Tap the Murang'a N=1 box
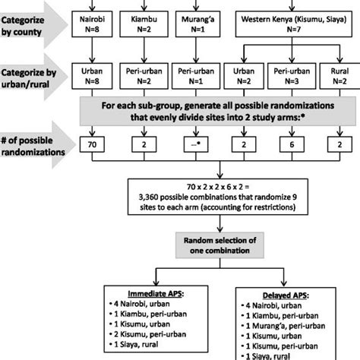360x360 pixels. coord(194,22)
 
